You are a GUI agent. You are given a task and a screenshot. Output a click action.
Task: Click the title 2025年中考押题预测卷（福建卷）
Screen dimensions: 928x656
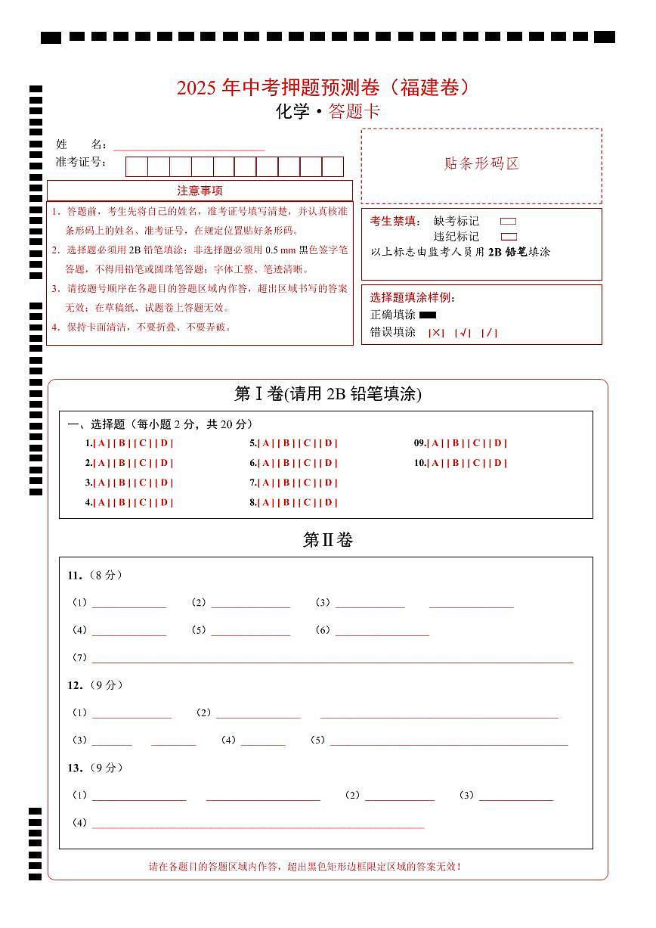point(327,88)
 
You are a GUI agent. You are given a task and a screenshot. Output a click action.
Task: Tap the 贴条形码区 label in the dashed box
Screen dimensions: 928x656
point(481,164)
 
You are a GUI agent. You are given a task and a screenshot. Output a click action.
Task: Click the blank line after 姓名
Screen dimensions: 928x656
point(189,146)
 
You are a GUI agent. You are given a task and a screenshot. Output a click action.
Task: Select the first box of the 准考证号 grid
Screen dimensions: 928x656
point(136,166)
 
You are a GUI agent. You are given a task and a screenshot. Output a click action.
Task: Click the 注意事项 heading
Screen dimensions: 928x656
point(200,191)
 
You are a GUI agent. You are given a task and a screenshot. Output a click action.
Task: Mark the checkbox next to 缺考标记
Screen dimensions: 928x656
point(509,222)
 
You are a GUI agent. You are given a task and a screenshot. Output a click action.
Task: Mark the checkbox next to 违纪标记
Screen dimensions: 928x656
point(509,237)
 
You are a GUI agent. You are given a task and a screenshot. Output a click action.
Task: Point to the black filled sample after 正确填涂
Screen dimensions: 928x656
point(428,315)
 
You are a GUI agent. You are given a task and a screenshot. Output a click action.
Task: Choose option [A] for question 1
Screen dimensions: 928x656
point(101,443)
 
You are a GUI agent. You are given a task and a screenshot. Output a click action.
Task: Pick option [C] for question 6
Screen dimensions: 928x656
point(308,463)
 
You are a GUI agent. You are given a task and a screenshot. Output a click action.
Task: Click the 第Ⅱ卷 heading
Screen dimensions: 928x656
point(327,540)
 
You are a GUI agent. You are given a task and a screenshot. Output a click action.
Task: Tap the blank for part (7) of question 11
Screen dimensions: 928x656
point(333,657)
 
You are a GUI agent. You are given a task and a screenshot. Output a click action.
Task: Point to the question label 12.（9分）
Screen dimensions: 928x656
point(94,685)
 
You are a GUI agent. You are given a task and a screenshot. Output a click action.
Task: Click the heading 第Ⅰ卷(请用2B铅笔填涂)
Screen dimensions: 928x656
point(327,394)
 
